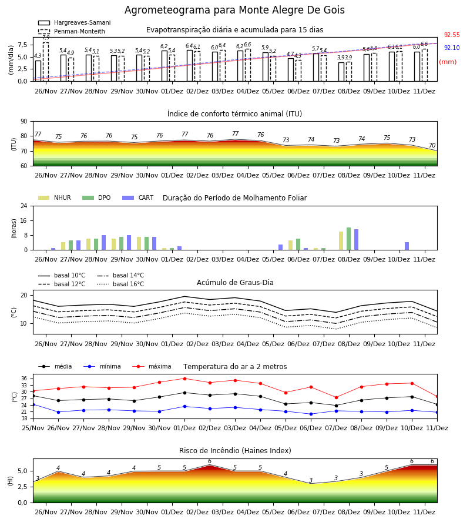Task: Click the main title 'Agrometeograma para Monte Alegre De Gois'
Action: tap(234, 10)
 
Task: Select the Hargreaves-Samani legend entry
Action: tap(74, 22)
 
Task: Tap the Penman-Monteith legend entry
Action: tap(72, 31)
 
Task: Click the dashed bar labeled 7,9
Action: tap(46, 62)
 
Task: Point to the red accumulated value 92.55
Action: tap(452, 35)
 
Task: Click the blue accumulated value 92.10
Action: tap(452, 48)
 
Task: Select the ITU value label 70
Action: tap(432, 145)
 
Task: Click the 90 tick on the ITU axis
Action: tap(24, 122)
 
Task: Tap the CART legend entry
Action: tap(137, 197)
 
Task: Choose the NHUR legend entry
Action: tap(54, 197)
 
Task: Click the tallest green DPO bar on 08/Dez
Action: tap(348, 239)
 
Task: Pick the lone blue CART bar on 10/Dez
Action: tap(407, 246)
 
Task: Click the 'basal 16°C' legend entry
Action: tap(120, 284)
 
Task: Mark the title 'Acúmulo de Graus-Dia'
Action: tap(235, 282)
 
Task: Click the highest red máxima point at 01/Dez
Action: tap(184, 379)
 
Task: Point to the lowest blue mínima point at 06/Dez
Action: tap(311, 414)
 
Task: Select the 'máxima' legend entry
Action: tap(152, 366)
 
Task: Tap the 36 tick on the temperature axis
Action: tap(24, 379)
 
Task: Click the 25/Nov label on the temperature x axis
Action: tap(33, 428)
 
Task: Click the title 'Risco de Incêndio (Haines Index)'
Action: tap(235, 450)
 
